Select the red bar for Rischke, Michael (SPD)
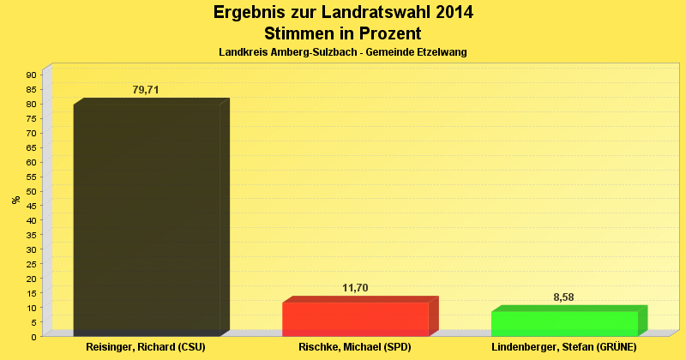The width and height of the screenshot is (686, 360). point(355,319)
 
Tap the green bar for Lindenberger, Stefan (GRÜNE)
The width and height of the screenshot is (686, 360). point(564,323)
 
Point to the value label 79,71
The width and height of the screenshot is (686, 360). point(146,90)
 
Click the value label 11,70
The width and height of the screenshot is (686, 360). point(355,288)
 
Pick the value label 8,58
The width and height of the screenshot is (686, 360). point(564,297)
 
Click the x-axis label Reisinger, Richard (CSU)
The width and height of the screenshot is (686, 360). point(146,348)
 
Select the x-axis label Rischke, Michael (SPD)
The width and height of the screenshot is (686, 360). point(355,348)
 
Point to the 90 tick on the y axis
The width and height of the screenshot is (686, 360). point(31,75)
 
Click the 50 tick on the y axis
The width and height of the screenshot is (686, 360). point(31,191)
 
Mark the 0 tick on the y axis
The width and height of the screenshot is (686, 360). point(33,337)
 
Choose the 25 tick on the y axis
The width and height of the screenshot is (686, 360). point(31,264)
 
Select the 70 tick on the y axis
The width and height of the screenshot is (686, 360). point(31,133)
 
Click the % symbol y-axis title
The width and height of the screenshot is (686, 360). point(15,200)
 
